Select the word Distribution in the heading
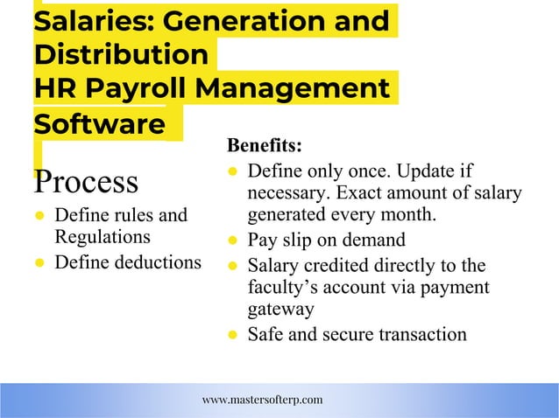coord(121,54)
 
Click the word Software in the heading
coord(98,123)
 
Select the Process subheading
coord(85,183)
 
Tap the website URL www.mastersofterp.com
coord(262,400)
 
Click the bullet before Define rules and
coord(40,216)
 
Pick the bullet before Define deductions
coord(40,261)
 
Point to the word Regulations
coord(102,236)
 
